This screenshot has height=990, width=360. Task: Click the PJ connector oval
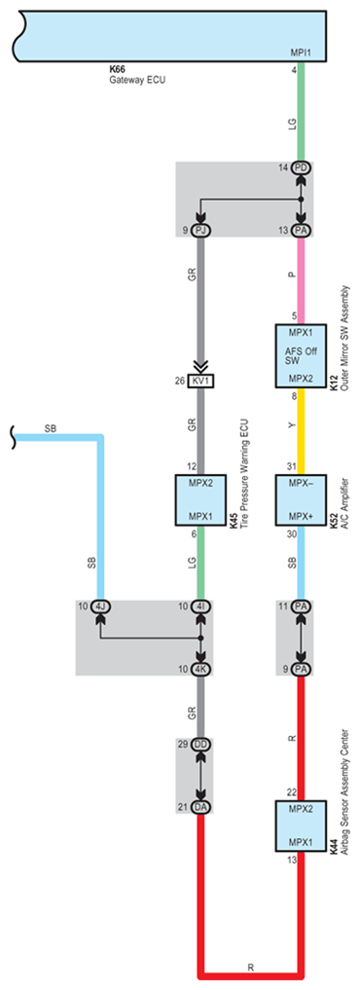coord(200,231)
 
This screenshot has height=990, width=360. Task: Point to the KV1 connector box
coord(200,382)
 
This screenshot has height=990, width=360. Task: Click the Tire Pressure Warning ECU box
coord(199,500)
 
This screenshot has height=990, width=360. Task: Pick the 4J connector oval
coord(100,606)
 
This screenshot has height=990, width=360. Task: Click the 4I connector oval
coord(200,606)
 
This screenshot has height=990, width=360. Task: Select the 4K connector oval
coord(200,669)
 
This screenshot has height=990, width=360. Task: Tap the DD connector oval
coord(200,745)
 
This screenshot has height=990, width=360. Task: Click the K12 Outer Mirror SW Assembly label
coord(340,339)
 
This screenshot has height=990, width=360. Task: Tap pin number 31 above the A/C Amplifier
coord(291,467)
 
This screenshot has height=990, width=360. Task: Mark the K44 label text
coord(334,856)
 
